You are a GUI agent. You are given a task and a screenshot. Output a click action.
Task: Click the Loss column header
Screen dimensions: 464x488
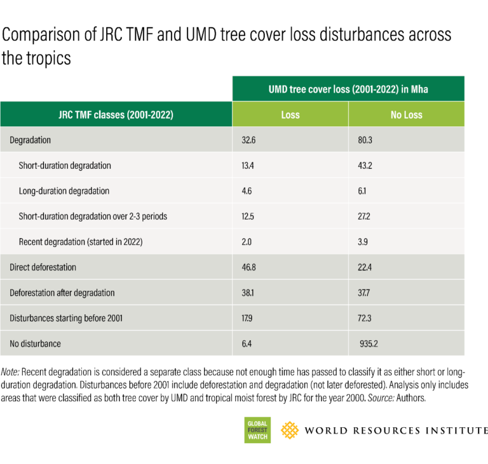pos(290,115)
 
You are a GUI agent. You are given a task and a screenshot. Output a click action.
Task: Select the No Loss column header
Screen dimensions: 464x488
pos(406,115)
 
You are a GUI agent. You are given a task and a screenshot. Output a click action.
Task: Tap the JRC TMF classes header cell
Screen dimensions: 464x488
pos(116,115)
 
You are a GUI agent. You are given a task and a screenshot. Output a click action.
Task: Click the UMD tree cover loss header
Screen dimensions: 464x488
pos(348,89)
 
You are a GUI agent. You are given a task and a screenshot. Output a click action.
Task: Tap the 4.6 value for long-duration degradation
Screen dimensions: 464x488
pos(248,190)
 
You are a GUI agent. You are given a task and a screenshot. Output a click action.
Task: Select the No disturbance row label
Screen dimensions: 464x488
pos(36,343)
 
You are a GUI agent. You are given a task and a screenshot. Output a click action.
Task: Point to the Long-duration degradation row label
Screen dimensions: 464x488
pos(64,190)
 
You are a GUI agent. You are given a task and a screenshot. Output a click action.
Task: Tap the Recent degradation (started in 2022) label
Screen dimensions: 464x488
pos(81,241)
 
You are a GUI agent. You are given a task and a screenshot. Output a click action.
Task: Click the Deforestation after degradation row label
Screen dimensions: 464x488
pos(62,293)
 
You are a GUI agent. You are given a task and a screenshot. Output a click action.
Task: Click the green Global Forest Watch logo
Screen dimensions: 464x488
pos(257,430)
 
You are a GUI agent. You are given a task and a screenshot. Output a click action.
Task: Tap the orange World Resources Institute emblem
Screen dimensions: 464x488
pos(290,430)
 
